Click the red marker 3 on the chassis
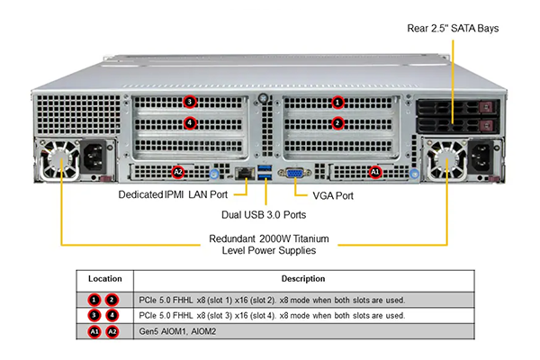pos(189,103)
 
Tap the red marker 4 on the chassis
pos(189,123)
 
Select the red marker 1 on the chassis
pos(337,103)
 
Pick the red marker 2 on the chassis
pos(337,123)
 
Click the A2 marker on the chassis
pos(178,171)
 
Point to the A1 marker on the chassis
pos(375,171)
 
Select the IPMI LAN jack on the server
pos(243,171)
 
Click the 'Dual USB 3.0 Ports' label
pos(264,215)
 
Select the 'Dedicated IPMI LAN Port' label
pos(173,193)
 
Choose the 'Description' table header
pos(302,279)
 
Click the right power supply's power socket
pos(481,160)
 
